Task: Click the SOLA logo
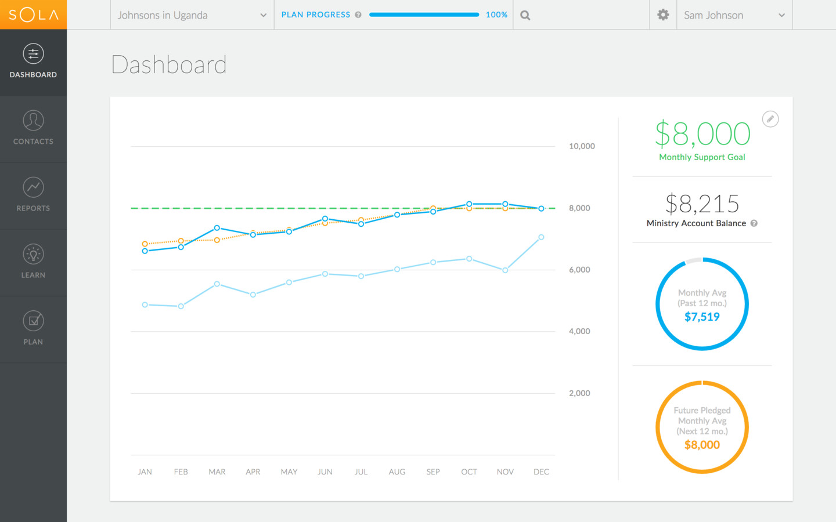point(33,14)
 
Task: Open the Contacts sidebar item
point(33,128)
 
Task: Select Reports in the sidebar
point(33,195)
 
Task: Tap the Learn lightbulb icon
point(33,254)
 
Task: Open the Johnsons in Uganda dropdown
point(192,15)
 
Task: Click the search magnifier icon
point(525,16)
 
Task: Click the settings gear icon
point(663,15)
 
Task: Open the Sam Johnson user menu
point(734,15)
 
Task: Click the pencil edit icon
point(770,119)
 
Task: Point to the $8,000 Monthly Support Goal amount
point(702,134)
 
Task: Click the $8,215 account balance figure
point(702,204)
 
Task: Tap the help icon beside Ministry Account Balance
point(754,223)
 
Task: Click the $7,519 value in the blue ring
point(702,317)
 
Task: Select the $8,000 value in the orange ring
point(702,445)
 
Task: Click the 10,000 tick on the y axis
point(582,146)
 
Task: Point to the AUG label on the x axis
point(397,472)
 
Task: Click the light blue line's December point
point(541,237)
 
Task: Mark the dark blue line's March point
point(217,228)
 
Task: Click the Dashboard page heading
point(169,64)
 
